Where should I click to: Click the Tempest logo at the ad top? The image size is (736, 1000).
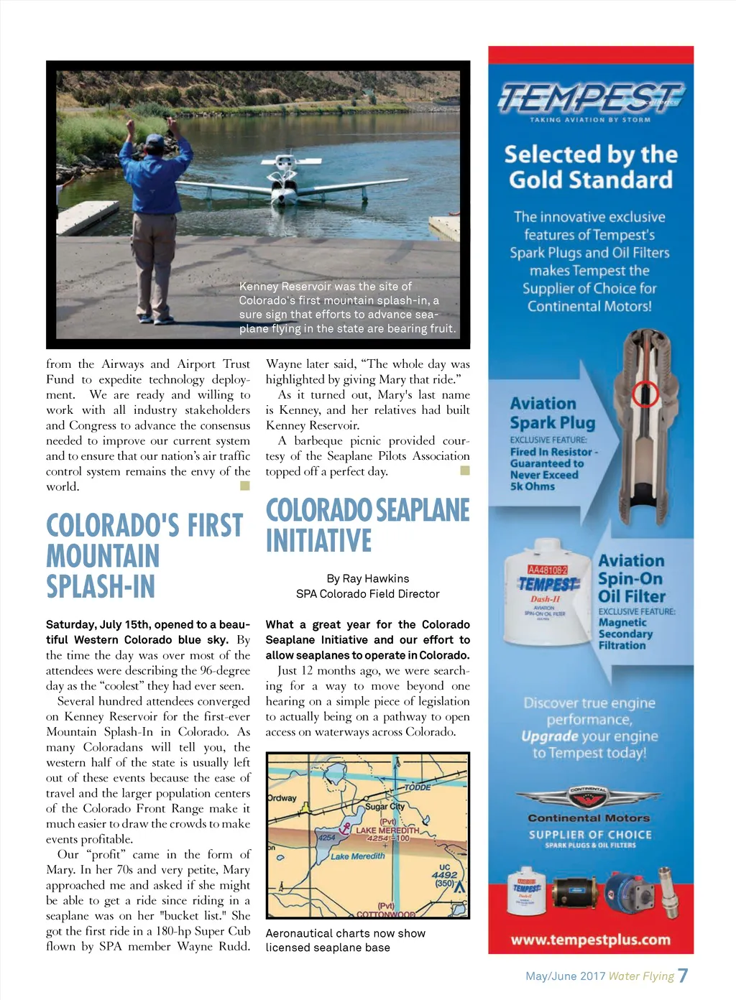coord(591,98)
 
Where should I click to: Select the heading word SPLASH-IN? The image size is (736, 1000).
coord(101,587)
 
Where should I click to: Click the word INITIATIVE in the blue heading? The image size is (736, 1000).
coord(318,541)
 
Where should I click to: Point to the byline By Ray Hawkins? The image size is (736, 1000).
coord(367,578)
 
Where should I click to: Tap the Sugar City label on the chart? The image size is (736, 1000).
coord(385,806)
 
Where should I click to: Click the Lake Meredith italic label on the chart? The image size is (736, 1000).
coord(358,856)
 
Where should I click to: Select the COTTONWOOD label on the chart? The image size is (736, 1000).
coord(386,915)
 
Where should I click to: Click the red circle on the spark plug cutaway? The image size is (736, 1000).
coord(645,393)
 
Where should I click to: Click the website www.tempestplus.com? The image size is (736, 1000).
coord(590,940)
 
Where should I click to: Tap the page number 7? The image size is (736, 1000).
coord(683,975)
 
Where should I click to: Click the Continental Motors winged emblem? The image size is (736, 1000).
coord(589,798)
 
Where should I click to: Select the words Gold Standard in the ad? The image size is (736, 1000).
coord(590,180)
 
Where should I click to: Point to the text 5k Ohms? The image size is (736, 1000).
coord(532,486)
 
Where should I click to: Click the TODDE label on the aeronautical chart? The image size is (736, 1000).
coord(417,787)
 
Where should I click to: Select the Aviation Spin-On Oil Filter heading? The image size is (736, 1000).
coord(632,578)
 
